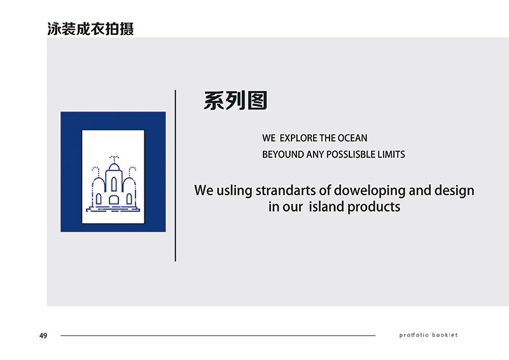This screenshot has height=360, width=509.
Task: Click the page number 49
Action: coord(43,336)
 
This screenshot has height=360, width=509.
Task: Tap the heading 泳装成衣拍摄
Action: coord(90,29)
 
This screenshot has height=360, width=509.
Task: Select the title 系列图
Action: coord(235,100)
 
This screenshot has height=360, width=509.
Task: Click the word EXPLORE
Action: coord(298,138)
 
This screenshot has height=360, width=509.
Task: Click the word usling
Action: coord(234,191)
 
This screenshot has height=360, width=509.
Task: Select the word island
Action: coord(326,207)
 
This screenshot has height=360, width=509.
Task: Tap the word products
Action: coord(373,207)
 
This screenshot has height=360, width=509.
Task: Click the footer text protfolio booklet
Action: coord(428,335)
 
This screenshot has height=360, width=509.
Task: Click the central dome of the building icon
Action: coord(114,167)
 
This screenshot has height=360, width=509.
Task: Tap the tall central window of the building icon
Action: coord(114,184)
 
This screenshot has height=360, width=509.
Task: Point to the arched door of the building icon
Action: coord(114,200)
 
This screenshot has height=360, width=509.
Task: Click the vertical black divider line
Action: coord(176,176)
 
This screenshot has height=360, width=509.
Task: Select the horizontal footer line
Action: coord(218,335)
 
